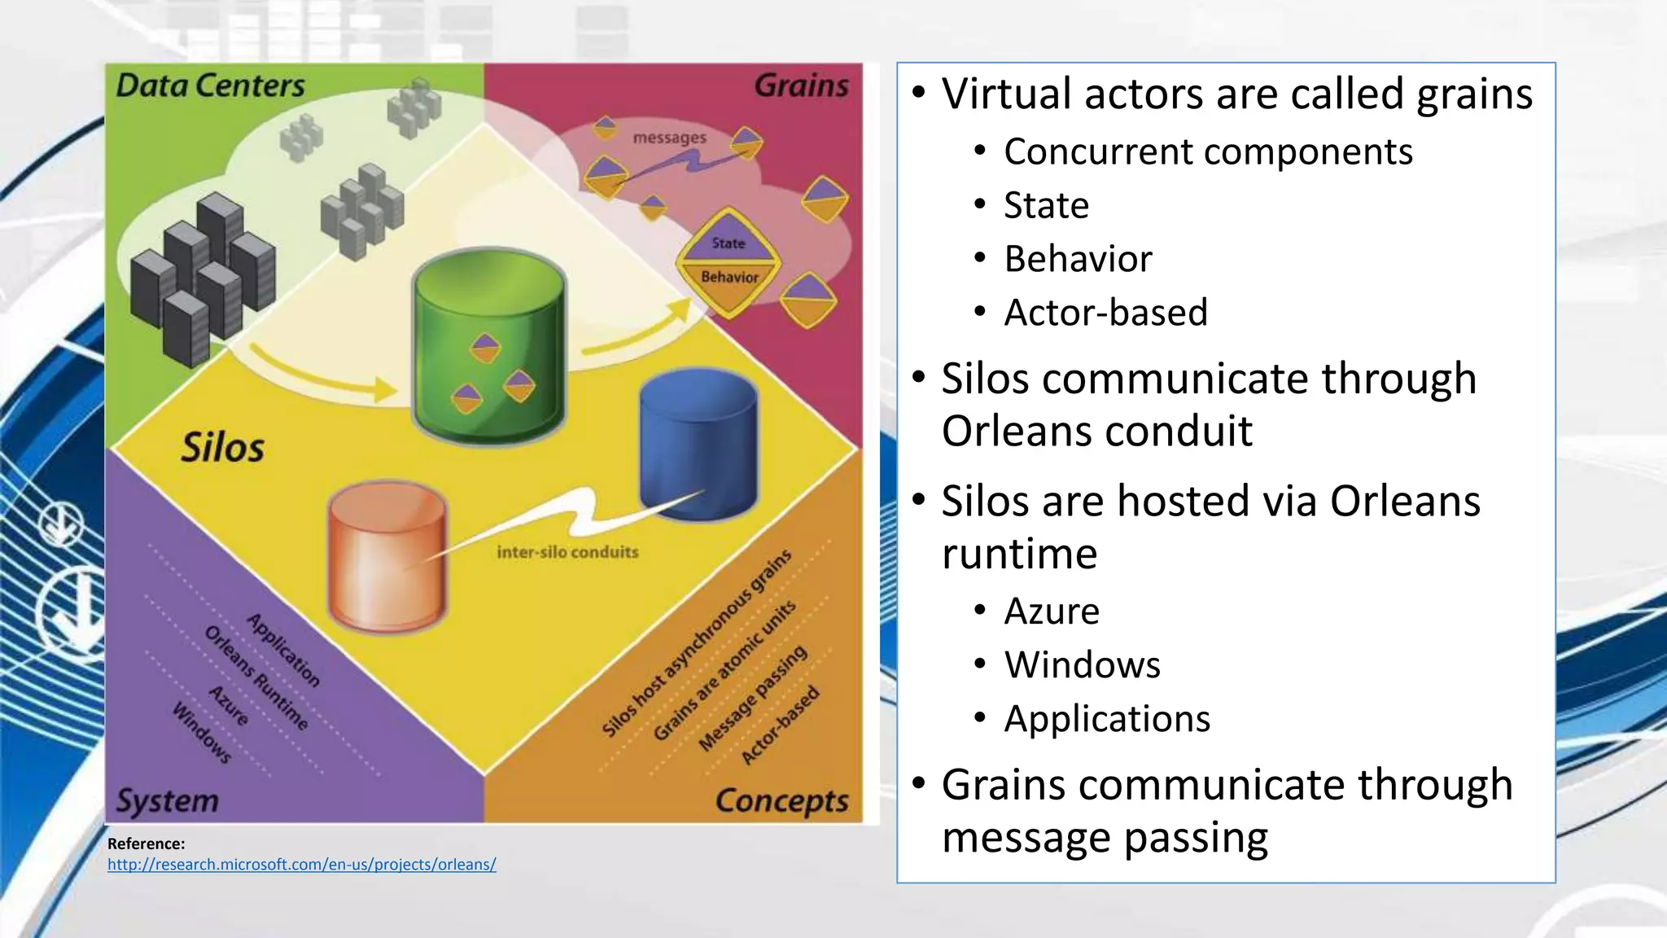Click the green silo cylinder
(x=488, y=346)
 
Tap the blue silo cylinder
(x=698, y=444)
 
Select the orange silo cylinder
(x=387, y=558)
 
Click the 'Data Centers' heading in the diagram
(x=210, y=85)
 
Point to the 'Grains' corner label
(x=801, y=85)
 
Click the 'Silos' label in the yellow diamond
(x=222, y=448)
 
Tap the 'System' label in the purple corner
(x=168, y=800)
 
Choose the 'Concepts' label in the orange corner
(x=781, y=800)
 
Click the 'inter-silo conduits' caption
(x=567, y=552)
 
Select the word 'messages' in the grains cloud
(x=669, y=138)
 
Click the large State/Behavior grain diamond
(x=728, y=261)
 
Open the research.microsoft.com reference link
(x=301, y=864)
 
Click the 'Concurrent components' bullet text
(x=1208, y=151)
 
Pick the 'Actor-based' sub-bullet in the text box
(x=1105, y=313)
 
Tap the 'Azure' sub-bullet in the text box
(x=1052, y=611)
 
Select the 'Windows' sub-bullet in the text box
(x=1082, y=664)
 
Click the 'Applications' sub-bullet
(x=1107, y=718)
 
